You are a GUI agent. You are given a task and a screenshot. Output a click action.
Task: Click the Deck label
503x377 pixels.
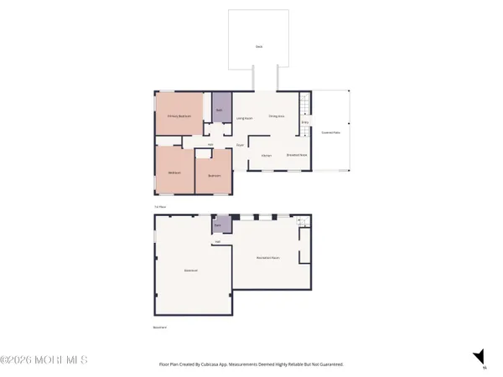click(259, 46)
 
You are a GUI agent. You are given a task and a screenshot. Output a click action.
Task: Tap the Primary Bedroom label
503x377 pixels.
click(180, 116)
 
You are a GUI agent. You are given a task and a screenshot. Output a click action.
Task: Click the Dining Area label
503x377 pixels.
click(277, 116)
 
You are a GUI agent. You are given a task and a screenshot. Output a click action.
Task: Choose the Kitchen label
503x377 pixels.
click(266, 155)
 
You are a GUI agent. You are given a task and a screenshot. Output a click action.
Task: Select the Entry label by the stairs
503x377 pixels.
click(304, 123)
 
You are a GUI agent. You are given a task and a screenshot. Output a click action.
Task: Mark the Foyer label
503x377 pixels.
click(240, 145)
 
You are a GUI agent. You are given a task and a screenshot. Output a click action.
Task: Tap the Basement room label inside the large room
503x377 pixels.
click(191, 270)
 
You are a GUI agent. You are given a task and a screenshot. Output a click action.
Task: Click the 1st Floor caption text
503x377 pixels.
click(160, 206)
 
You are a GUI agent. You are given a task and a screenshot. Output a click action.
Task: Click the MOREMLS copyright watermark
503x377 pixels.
click(44, 360)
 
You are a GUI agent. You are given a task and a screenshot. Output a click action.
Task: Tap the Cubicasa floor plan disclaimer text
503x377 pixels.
click(251, 364)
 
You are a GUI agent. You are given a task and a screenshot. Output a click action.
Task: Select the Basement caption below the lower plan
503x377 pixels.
click(161, 328)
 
